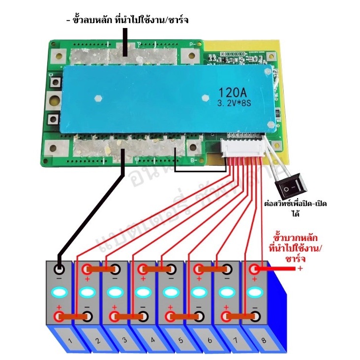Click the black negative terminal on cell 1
(x=60, y=269)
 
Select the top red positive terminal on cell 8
(x=254, y=269)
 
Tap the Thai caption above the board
(x=127, y=20)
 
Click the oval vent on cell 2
(x=87, y=292)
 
